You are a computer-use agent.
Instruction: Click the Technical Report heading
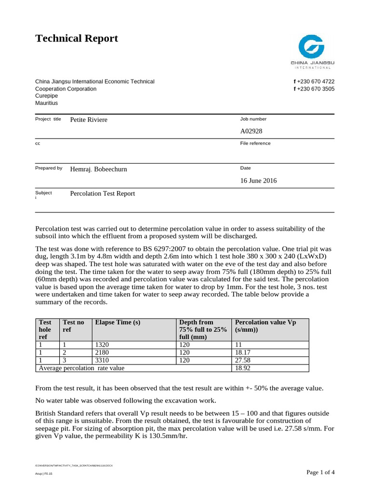pyautogui.click(x=77, y=39)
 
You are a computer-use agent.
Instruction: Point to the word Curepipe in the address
pyautogui.click(x=47, y=96)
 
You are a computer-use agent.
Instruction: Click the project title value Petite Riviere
pyautogui.click(x=89, y=120)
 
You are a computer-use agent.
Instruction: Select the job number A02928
pyautogui.click(x=251, y=131)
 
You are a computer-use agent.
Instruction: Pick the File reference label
pyautogui.click(x=255, y=143)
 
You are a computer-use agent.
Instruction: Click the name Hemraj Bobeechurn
pyautogui.click(x=99, y=169)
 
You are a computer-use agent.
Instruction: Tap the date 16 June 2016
pyautogui.click(x=259, y=181)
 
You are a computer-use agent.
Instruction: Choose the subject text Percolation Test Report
pyautogui.click(x=103, y=194)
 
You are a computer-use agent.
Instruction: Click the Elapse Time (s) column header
pyautogui.click(x=118, y=322)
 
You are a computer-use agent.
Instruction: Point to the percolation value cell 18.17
pyautogui.click(x=243, y=353)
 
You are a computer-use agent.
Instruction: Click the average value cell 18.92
pyautogui.click(x=243, y=368)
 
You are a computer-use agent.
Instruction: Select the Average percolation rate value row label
pyautogui.click(x=81, y=368)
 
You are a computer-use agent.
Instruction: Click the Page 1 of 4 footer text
pyautogui.click(x=320, y=472)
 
